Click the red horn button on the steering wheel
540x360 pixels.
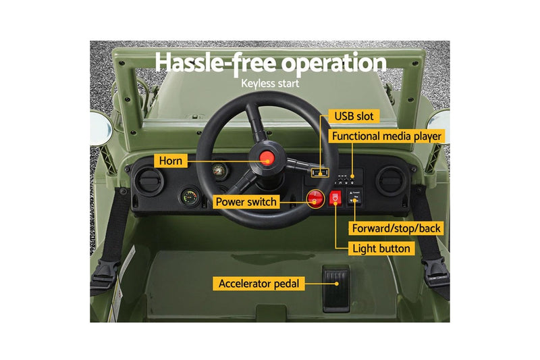pos(267,158)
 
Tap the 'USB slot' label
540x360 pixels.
pos(354,116)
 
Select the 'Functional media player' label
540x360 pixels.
pos(386,136)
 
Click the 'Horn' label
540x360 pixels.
pos(171,161)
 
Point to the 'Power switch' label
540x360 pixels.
pos(246,202)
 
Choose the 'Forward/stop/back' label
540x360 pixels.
pos(396,228)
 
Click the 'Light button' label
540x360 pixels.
pos(381,249)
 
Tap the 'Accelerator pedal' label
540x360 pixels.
pos(259,284)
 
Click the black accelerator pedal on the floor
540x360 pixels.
pos(336,288)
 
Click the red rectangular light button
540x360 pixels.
pos(335,198)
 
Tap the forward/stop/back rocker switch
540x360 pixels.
pos(354,197)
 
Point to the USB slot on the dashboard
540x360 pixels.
pos(320,172)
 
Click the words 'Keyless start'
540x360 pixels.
pos(270,84)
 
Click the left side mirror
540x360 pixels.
pos(101,128)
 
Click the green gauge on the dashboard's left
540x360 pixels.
pos(190,197)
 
